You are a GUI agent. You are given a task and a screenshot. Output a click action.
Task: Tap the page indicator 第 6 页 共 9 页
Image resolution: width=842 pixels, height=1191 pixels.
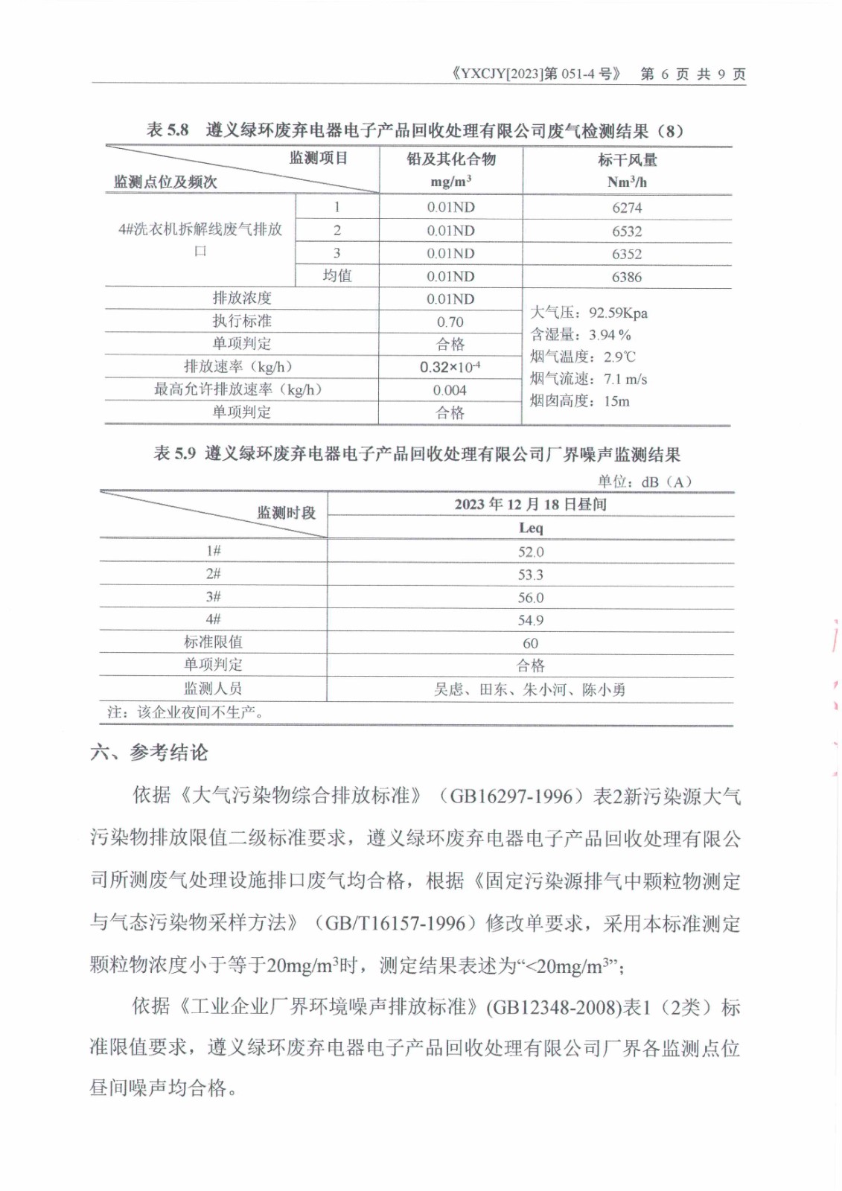(x=692, y=74)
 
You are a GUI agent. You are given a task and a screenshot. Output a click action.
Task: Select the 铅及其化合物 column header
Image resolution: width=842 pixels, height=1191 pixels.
(x=451, y=159)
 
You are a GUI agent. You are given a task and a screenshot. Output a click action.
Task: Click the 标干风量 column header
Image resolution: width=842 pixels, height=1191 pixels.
(x=627, y=160)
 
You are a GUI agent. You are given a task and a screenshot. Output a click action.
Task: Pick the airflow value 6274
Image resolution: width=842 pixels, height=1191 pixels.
(x=627, y=208)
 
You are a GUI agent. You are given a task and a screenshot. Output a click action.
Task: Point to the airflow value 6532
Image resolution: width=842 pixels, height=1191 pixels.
(x=627, y=232)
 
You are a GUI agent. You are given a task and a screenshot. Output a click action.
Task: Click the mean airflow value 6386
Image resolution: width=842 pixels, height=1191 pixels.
(x=627, y=277)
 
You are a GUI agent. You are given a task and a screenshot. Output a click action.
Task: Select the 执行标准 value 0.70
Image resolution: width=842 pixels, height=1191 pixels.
(x=450, y=322)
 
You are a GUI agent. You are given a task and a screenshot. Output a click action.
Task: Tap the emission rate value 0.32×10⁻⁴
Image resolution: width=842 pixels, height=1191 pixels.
(x=450, y=367)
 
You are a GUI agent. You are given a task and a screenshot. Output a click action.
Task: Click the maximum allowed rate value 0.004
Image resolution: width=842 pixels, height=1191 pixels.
(x=450, y=390)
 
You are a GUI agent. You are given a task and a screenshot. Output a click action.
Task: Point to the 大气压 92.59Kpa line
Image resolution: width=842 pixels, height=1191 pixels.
(x=588, y=313)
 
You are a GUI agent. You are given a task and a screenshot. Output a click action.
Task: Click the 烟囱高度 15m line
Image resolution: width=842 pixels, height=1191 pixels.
(x=579, y=401)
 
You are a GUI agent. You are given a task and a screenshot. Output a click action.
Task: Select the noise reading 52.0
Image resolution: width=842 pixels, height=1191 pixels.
(x=531, y=552)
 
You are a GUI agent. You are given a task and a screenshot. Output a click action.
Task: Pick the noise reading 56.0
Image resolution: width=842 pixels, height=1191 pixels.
(x=531, y=598)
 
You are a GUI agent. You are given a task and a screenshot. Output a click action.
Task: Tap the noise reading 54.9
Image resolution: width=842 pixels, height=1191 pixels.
(x=531, y=620)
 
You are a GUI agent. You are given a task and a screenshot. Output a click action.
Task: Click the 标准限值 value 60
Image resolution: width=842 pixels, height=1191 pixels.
(x=530, y=643)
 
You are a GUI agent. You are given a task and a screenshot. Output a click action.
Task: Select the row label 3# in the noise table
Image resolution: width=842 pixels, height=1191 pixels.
(x=214, y=597)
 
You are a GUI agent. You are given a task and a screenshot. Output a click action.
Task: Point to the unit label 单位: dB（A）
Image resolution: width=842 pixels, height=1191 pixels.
(x=645, y=482)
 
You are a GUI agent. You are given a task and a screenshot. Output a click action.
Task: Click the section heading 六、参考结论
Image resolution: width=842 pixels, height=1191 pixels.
(x=149, y=753)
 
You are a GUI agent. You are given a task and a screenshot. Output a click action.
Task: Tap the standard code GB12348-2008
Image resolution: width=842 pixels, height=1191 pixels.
(x=555, y=1008)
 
